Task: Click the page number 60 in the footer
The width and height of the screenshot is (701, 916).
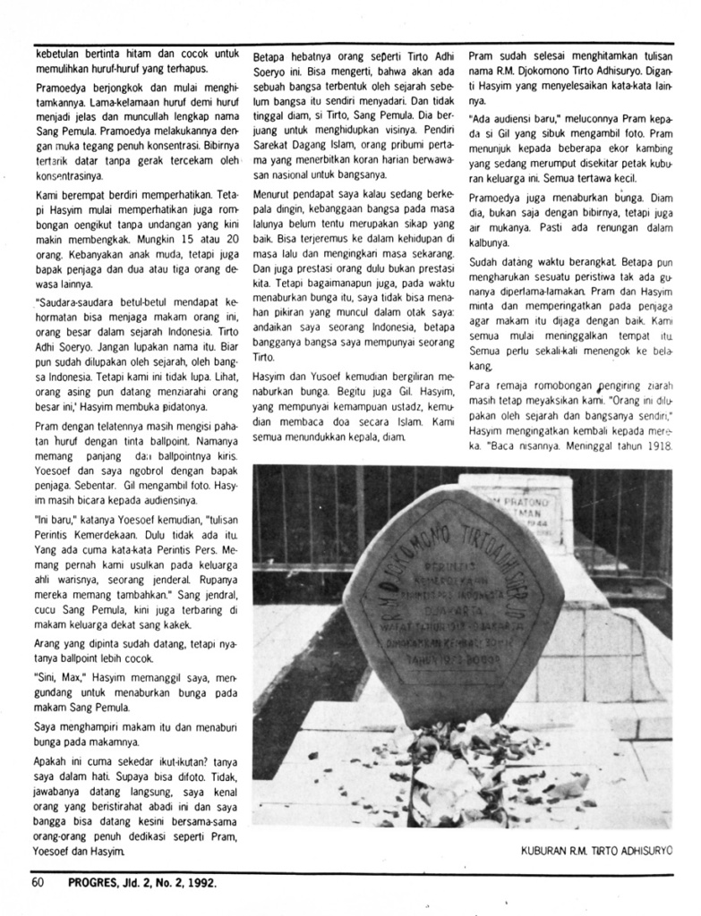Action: coord(38,884)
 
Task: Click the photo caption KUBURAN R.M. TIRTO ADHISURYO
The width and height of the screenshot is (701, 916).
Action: coord(595,852)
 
